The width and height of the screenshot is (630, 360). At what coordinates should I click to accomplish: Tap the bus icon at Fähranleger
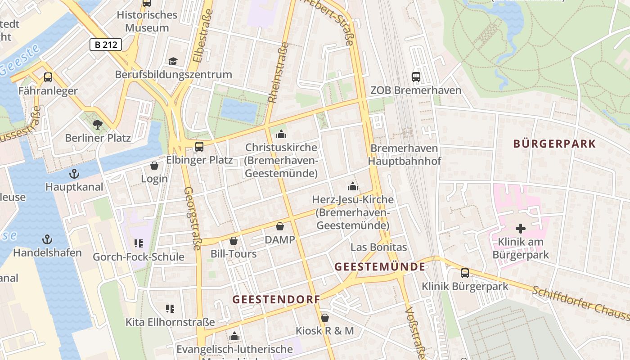(48, 77)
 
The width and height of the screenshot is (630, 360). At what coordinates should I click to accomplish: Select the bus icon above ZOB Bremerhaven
(416, 77)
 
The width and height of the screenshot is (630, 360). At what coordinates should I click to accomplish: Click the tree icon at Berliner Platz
(97, 125)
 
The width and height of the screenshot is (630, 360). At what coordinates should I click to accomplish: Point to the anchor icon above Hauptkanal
(74, 174)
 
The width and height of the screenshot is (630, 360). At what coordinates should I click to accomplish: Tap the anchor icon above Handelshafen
(47, 239)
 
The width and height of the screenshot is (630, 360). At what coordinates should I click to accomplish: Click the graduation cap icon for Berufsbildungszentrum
(173, 61)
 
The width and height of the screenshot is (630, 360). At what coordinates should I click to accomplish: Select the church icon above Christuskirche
(281, 134)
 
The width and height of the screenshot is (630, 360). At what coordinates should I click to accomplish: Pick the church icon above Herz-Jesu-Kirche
(353, 186)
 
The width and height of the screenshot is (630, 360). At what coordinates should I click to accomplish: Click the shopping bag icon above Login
(154, 166)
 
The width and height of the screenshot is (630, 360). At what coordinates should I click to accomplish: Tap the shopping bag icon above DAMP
(280, 226)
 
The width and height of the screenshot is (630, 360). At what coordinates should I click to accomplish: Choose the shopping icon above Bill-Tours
(234, 241)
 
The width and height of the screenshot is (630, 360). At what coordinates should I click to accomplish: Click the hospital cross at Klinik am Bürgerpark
(521, 229)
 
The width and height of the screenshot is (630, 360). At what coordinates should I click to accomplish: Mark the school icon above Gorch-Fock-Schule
(139, 243)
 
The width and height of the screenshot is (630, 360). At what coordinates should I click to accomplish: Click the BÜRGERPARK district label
(554, 144)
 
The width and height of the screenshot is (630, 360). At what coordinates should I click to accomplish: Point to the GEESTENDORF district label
(276, 299)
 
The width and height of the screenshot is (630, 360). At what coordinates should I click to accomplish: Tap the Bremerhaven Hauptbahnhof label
(404, 154)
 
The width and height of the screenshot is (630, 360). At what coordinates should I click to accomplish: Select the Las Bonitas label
(378, 247)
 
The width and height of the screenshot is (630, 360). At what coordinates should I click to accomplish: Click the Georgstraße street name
(193, 218)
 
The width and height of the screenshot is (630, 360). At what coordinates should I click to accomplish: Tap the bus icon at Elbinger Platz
(199, 147)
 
